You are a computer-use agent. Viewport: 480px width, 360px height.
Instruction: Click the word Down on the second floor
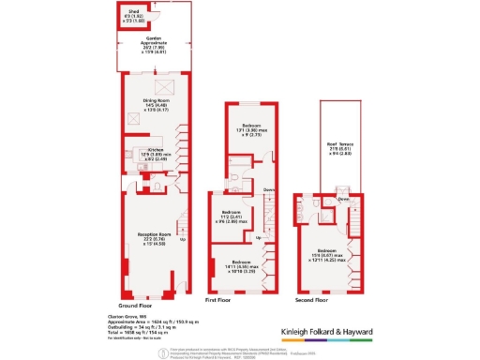coord(344,199)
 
